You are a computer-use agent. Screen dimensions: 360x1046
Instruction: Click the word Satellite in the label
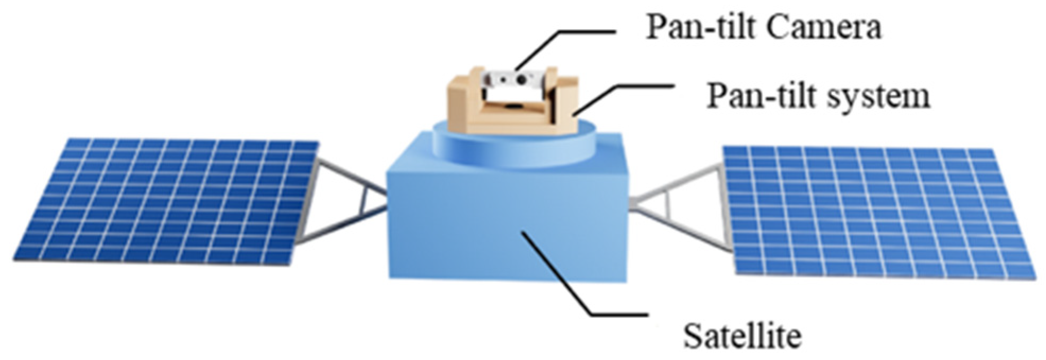click(742, 335)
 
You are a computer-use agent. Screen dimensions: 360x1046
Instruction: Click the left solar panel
click(164, 201)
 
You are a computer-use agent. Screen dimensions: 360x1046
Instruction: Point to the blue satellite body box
click(504, 223)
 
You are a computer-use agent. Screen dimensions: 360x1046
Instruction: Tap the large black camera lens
click(522, 78)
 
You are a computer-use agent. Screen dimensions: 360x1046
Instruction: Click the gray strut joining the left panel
click(350, 201)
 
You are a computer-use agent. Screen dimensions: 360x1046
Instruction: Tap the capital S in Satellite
click(691, 335)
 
